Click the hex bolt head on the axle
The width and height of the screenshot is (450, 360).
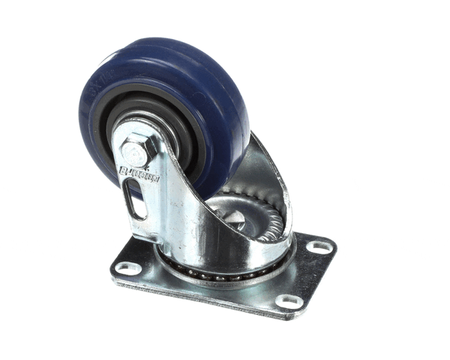point(135,152)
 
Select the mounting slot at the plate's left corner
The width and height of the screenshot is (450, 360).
point(128,267)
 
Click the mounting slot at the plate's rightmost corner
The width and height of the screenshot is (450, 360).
point(319,246)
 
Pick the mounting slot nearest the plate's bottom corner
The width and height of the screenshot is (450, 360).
point(288,301)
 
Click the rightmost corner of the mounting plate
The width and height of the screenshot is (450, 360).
point(334,244)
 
